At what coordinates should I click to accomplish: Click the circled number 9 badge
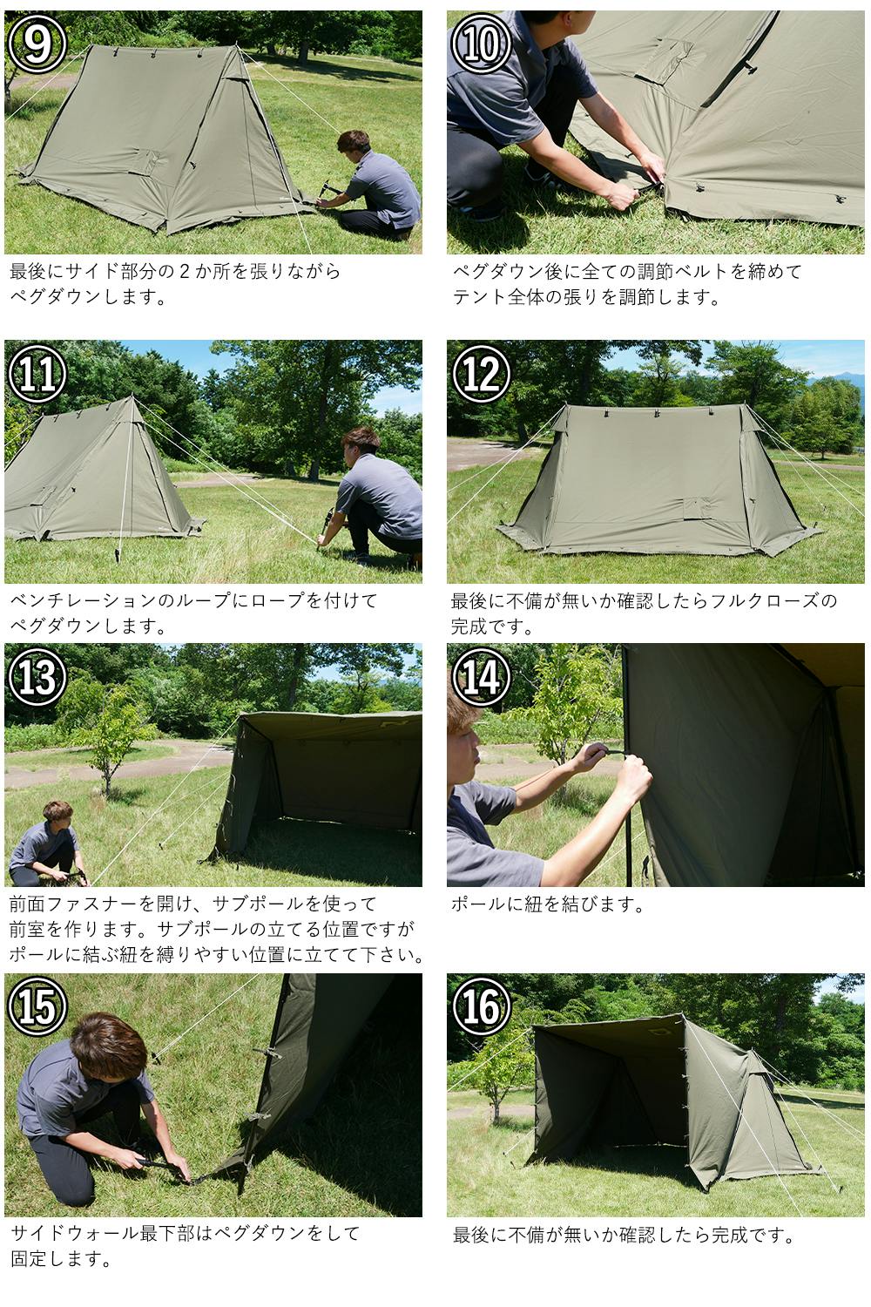click(37, 44)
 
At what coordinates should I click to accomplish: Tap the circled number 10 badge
click(482, 44)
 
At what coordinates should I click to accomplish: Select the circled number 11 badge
click(37, 374)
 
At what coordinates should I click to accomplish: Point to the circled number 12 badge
click(482, 374)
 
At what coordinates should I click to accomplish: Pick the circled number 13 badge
click(37, 677)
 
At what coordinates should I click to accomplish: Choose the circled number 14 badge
click(482, 677)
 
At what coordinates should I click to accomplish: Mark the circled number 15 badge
click(37, 1006)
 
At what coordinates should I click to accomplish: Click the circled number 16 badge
click(482, 1006)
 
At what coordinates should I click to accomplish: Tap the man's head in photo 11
click(361, 443)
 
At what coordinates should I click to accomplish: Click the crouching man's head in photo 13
click(57, 813)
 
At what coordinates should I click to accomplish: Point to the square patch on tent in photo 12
click(698, 509)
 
